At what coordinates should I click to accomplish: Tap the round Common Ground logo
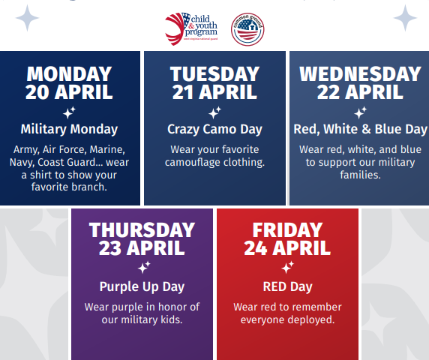click(247, 29)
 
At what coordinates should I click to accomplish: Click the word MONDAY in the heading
click(69, 74)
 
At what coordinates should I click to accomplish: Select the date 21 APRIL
click(214, 93)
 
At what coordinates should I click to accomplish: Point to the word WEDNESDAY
click(360, 74)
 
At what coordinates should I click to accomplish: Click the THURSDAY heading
click(142, 229)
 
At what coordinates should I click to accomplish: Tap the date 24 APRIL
click(286, 247)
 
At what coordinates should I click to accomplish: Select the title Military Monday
click(69, 129)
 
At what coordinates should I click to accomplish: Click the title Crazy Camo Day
click(214, 129)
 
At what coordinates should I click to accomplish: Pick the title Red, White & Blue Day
click(360, 129)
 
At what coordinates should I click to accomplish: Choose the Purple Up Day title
click(142, 286)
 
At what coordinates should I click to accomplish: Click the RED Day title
click(287, 286)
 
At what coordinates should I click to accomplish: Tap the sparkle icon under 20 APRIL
click(69, 112)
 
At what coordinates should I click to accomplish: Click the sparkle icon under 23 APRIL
click(143, 267)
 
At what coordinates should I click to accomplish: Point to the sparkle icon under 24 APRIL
click(287, 267)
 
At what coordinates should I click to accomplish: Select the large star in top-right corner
click(406, 17)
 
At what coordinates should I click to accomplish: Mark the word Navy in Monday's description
click(22, 162)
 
